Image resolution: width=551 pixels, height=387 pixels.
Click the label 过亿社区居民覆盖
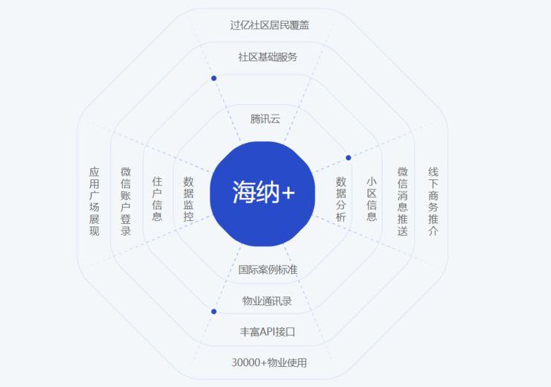[270, 25]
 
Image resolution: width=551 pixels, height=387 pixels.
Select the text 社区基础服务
[268, 57]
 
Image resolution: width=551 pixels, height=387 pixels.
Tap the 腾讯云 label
[265, 119]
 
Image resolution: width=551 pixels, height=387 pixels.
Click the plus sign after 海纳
[288, 193]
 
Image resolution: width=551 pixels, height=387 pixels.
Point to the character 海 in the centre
[244, 192]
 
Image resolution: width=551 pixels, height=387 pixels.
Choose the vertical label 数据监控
[188, 199]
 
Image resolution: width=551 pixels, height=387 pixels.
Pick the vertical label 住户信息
[157, 199]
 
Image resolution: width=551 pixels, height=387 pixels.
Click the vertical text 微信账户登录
[125, 201]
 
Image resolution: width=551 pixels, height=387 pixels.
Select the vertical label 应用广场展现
[94, 201]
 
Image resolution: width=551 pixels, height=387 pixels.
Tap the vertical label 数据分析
[341, 199]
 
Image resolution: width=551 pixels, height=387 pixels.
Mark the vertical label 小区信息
[372, 199]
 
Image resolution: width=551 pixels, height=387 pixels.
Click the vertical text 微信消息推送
[403, 201]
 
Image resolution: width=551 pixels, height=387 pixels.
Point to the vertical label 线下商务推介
[433, 201]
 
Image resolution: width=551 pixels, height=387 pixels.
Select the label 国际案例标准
[268, 269]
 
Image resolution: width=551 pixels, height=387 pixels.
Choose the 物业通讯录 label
[267, 301]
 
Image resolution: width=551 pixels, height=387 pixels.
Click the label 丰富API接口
[267, 331]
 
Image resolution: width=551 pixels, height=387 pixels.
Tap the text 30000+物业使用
[270, 362]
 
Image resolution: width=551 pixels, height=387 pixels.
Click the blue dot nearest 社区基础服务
[214, 78]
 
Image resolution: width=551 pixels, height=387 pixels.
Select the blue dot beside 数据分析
[348, 158]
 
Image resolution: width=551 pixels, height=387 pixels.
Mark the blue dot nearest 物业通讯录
[214, 312]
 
